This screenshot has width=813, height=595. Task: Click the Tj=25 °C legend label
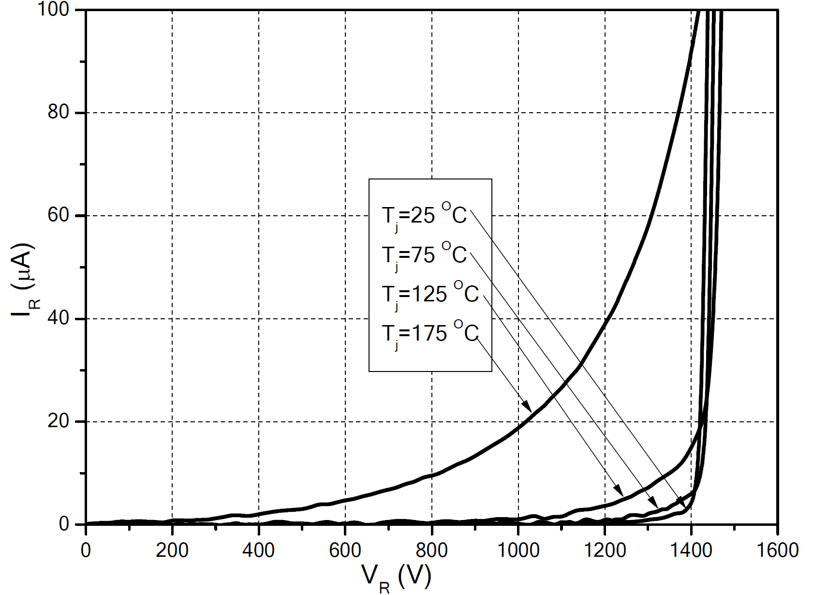[x=424, y=215]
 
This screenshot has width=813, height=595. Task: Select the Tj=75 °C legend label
[x=424, y=255]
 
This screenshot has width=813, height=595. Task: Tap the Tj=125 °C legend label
[x=430, y=294]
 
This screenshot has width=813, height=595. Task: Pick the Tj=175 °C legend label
[x=430, y=333]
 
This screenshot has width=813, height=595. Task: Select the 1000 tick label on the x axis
[x=517, y=550]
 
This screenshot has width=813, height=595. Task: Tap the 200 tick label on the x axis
[x=172, y=550]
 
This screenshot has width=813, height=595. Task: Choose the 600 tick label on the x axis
[x=345, y=550]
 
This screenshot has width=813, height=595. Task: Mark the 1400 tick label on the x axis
[x=690, y=550]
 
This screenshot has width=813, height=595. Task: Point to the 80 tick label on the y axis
[x=59, y=113]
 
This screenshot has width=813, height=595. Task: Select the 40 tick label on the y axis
[x=59, y=319]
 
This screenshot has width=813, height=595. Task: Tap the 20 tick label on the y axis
[x=59, y=421]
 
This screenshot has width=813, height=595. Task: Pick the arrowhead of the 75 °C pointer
[x=654, y=503]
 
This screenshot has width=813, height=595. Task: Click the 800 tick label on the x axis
[x=431, y=550]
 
